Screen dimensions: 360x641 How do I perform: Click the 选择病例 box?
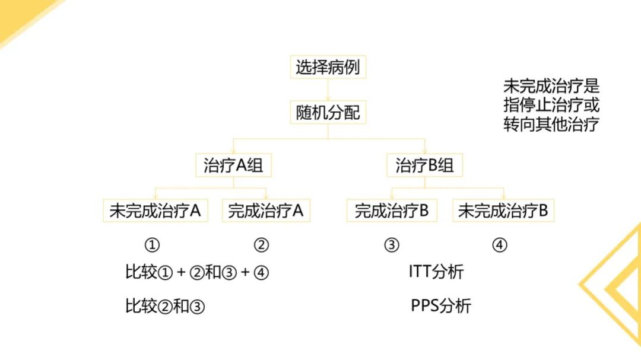328,67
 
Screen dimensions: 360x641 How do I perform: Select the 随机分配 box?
328,112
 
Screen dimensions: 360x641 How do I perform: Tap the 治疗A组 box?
233,165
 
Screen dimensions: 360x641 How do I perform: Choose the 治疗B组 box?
424,165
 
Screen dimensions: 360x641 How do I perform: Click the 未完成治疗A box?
156,211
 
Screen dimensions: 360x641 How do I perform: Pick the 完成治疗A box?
266,211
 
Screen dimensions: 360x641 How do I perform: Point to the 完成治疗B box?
391,211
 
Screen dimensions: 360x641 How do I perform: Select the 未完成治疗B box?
503,211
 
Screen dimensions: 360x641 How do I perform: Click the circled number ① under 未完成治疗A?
153,245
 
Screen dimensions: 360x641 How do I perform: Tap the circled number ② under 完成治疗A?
261,245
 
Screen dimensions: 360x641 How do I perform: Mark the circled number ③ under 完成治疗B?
391,245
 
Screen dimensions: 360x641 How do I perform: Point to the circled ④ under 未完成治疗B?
500,245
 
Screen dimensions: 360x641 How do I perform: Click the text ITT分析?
436,272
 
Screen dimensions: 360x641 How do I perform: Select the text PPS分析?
441,306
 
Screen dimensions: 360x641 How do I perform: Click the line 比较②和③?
165,307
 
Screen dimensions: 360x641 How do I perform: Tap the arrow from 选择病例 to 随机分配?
328,90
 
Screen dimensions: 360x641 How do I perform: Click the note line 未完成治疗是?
551,86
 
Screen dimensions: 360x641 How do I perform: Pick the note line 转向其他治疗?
551,125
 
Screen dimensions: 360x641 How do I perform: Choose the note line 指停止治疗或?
551,106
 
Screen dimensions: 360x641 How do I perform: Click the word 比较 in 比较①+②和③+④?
141,272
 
